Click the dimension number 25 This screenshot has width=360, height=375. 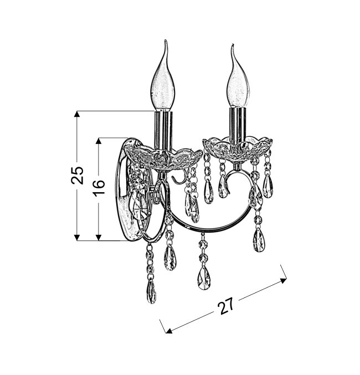[x=78, y=175]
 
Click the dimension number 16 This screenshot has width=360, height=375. [x=99, y=188]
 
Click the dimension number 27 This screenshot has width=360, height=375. [x=227, y=306]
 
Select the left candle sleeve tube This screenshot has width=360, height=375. [x=163, y=131]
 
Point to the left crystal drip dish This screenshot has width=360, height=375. [x=163, y=157]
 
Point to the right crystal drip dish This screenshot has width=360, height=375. [x=238, y=148]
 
